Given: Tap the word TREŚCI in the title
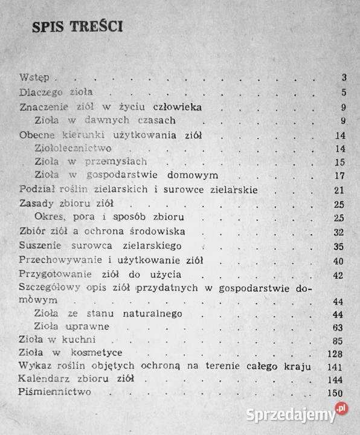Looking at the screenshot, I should pyautogui.click(x=96, y=28).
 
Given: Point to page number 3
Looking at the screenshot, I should pyautogui.click(x=342, y=77).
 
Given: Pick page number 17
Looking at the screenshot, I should pyautogui.click(x=339, y=176).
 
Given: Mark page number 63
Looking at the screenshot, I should pyautogui.click(x=339, y=328).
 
